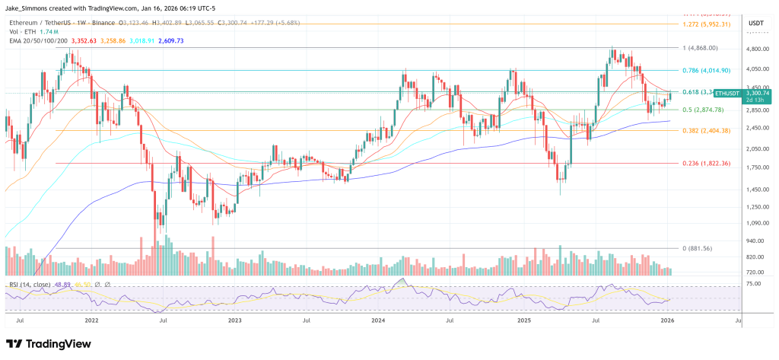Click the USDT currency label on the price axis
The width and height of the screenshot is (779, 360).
click(x=755, y=24)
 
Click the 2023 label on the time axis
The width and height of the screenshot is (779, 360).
click(x=234, y=322)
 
